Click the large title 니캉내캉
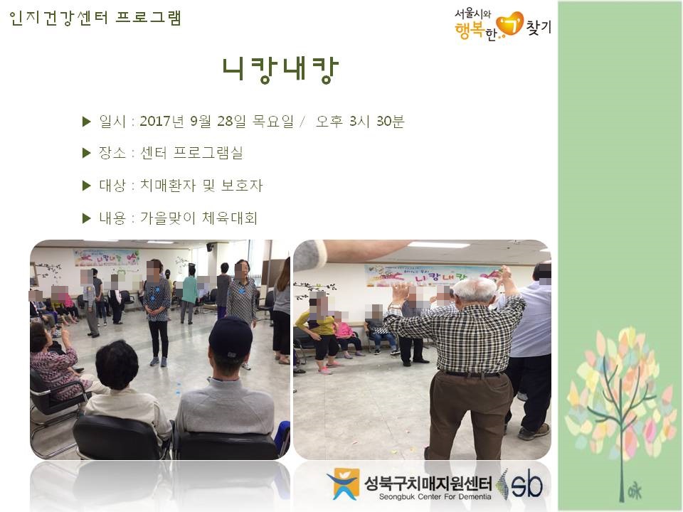coord(280,70)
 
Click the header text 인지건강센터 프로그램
coord(95,18)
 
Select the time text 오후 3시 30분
coord(360,121)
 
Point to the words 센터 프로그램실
coord(191,153)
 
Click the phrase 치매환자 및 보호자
coord(201,186)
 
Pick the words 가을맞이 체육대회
coord(198,218)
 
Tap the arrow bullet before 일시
coord(86,122)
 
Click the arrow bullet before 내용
coord(86,218)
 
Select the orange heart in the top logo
coord(510,24)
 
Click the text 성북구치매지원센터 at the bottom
coord(428,483)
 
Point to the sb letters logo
coord(526,484)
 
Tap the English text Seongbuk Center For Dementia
coord(435,497)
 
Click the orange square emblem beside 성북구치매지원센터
coord(344,484)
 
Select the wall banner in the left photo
coord(107,257)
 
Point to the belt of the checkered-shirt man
coord(472,374)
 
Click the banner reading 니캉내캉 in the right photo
coord(431,276)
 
